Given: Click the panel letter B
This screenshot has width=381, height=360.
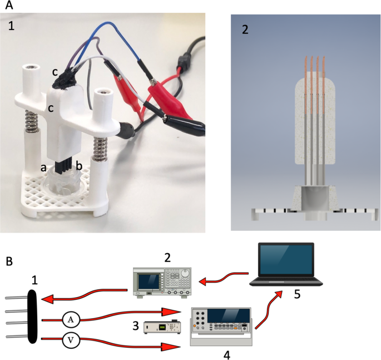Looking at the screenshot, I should click(x=8, y=260).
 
